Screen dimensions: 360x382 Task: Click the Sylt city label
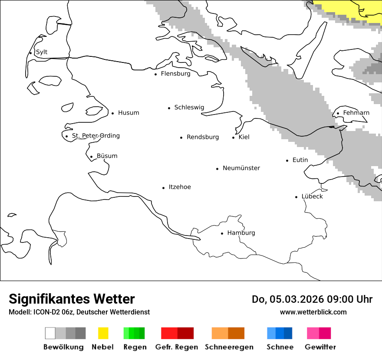tap(42, 52)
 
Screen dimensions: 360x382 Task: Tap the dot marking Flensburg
tap(155, 74)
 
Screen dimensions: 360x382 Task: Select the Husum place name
tap(128, 113)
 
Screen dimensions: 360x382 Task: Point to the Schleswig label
tap(189, 108)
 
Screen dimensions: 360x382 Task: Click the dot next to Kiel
tap(233, 138)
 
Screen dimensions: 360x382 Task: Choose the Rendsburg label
tap(203, 137)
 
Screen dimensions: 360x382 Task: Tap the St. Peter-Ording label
tap(95, 136)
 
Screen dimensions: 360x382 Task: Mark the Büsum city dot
tap(91, 157)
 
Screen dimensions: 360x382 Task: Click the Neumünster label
tap(241, 168)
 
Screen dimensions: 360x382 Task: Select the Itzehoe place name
tap(180, 187)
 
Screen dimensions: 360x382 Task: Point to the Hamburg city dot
tap(222, 233)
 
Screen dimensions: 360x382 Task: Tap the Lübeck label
tap(312, 196)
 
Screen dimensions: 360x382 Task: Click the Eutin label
tap(300, 160)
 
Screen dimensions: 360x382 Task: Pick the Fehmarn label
tap(356, 113)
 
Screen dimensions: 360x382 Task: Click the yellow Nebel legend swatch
tap(103, 333)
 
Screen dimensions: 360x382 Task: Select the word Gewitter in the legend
tap(320, 347)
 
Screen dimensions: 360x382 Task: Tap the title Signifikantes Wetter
tap(72, 299)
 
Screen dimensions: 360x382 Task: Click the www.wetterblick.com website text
tap(313, 312)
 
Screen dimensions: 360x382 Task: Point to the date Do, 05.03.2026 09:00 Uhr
tap(312, 299)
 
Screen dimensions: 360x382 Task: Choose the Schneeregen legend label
tap(229, 347)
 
